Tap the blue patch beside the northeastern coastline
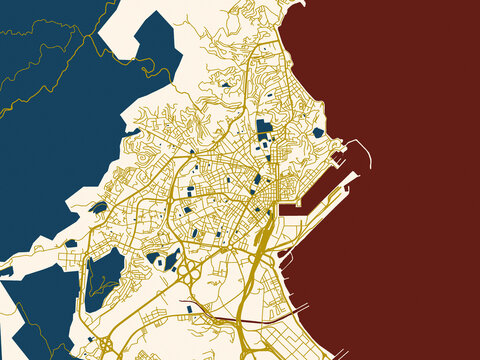(x=318, y=132)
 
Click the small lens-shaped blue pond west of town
(x=99, y=207)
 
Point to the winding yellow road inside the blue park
(x=100, y=277)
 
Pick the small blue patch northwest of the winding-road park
(x=70, y=243)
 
